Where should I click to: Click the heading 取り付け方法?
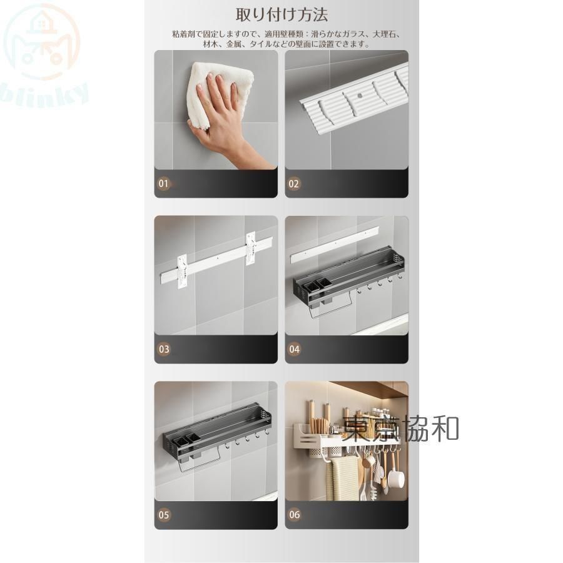click(x=281, y=15)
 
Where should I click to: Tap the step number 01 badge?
click(x=164, y=184)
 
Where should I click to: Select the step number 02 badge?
click(x=294, y=184)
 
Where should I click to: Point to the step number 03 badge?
click(x=164, y=349)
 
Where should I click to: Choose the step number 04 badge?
click(x=295, y=349)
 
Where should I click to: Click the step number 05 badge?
click(x=164, y=515)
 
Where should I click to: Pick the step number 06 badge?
click(x=295, y=515)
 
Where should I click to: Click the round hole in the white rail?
click(x=359, y=96)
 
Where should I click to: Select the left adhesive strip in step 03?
click(x=183, y=271)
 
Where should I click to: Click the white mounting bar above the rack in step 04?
click(x=334, y=244)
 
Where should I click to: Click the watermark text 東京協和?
click(x=400, y=429)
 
